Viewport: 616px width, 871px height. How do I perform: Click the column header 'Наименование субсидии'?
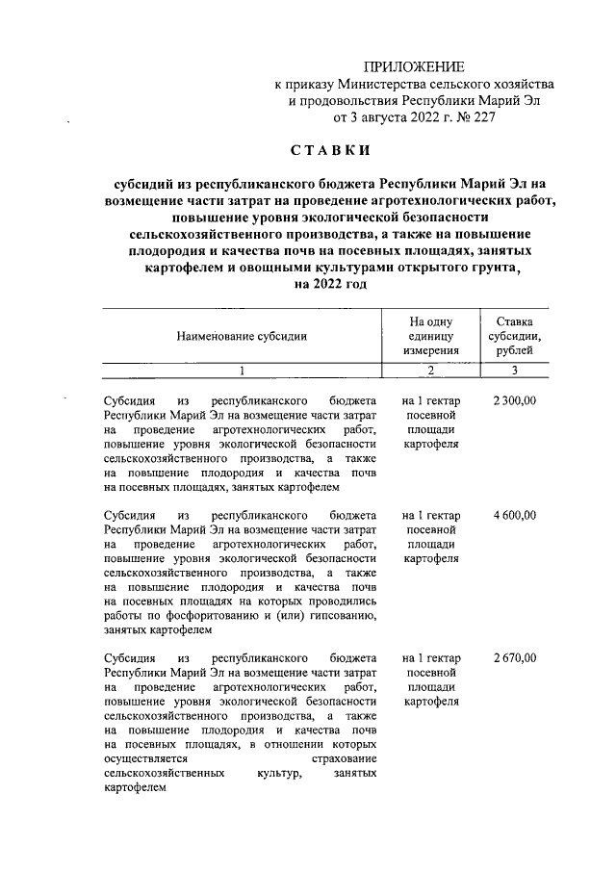coord(242,337)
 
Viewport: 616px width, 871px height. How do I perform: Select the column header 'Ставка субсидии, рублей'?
coord(515,337)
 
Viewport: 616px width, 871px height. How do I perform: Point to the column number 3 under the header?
coord(515,371)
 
